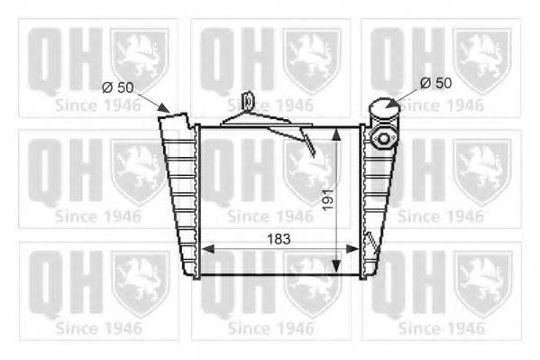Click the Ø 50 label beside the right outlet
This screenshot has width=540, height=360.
point(435,83)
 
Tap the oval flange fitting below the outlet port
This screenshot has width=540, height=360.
point(383,138)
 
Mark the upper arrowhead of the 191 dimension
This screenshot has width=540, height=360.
point(339,132)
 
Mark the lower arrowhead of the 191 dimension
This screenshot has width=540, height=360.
point(339,267)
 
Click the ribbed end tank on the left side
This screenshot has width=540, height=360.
point(178,194)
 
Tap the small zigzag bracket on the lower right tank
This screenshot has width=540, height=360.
point(369,242)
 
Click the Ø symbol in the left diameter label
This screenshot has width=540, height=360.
point(106,87)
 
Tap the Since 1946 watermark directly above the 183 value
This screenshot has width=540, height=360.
point(270,217)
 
